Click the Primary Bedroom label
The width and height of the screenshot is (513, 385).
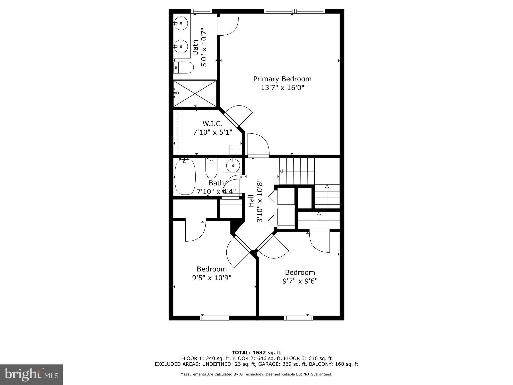282,79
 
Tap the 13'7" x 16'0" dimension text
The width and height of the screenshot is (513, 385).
282,88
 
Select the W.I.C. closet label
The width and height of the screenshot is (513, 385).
212,124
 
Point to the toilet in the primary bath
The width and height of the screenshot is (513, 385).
184,68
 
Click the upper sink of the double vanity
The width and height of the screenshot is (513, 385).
181,24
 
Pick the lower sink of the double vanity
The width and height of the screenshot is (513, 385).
181,47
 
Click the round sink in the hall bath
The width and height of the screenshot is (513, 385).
233,165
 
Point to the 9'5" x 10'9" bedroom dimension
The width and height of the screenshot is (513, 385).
212,278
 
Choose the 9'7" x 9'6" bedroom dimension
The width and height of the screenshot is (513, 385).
300,281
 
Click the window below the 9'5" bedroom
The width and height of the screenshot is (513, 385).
214,318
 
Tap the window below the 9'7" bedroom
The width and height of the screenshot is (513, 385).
299,318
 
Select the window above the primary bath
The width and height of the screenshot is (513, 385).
202,11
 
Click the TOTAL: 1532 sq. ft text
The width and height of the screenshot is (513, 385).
256,353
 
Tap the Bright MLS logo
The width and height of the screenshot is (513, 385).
31,374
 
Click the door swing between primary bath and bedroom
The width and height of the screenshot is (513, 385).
227,26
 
